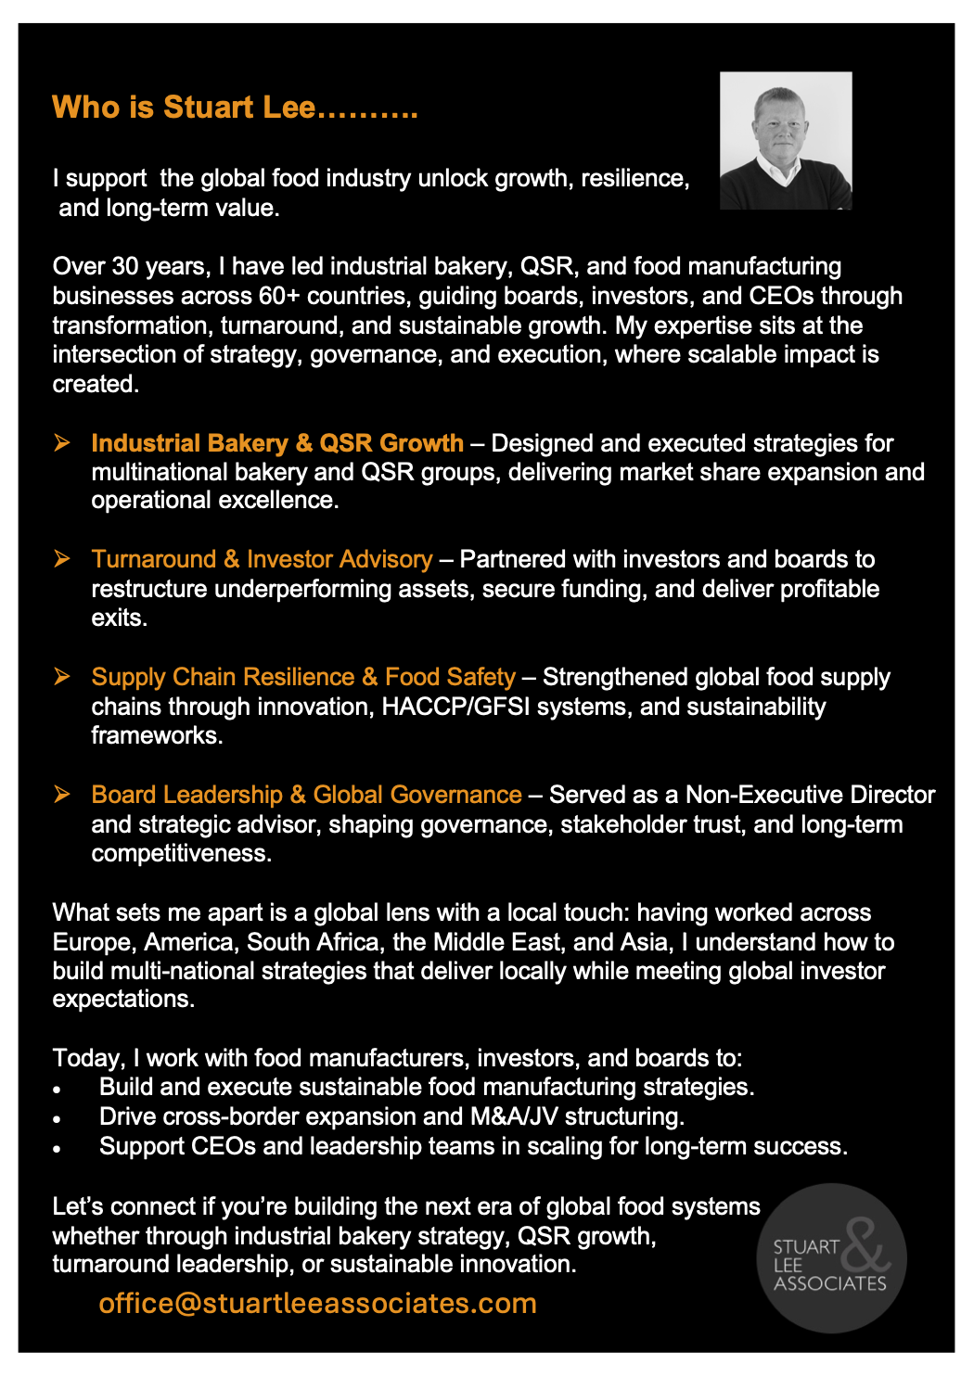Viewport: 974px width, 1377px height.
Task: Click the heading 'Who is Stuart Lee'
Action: click(235, 108)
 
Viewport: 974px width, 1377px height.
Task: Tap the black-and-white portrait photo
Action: click(786, 140)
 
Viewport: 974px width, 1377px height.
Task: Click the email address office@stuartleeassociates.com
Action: click(317, 1303)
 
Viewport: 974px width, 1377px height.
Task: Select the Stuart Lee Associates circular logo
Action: click(831, 1258)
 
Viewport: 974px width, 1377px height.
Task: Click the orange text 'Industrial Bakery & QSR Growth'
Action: click(276, 443)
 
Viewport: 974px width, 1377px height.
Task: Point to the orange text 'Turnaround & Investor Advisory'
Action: click(262, 559)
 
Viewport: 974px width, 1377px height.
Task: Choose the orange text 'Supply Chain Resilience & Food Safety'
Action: click(302, 677)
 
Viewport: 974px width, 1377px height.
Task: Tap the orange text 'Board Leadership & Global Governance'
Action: click(306, 795)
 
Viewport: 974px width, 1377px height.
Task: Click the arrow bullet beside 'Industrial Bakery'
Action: click(62, 442)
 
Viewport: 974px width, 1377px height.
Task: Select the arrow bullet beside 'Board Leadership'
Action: click(62, 794)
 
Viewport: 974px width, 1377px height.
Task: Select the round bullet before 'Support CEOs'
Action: click(58, 1149)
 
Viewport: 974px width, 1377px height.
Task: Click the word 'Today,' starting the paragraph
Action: click(89, 1058)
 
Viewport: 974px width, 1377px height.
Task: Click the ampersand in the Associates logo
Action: click(865, 1244)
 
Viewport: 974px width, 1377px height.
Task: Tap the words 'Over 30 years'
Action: click(129, 266)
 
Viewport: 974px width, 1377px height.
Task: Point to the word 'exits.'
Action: click(119, 618)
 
